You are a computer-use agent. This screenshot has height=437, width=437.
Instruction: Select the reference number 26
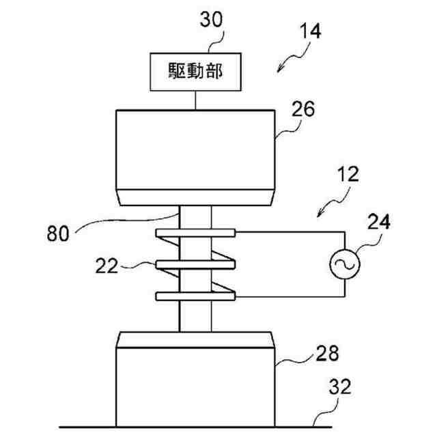pyautogui.click(x=303, y=109)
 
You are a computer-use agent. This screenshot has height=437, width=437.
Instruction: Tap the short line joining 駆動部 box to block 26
pyautogui.click(x=196, y=99)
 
